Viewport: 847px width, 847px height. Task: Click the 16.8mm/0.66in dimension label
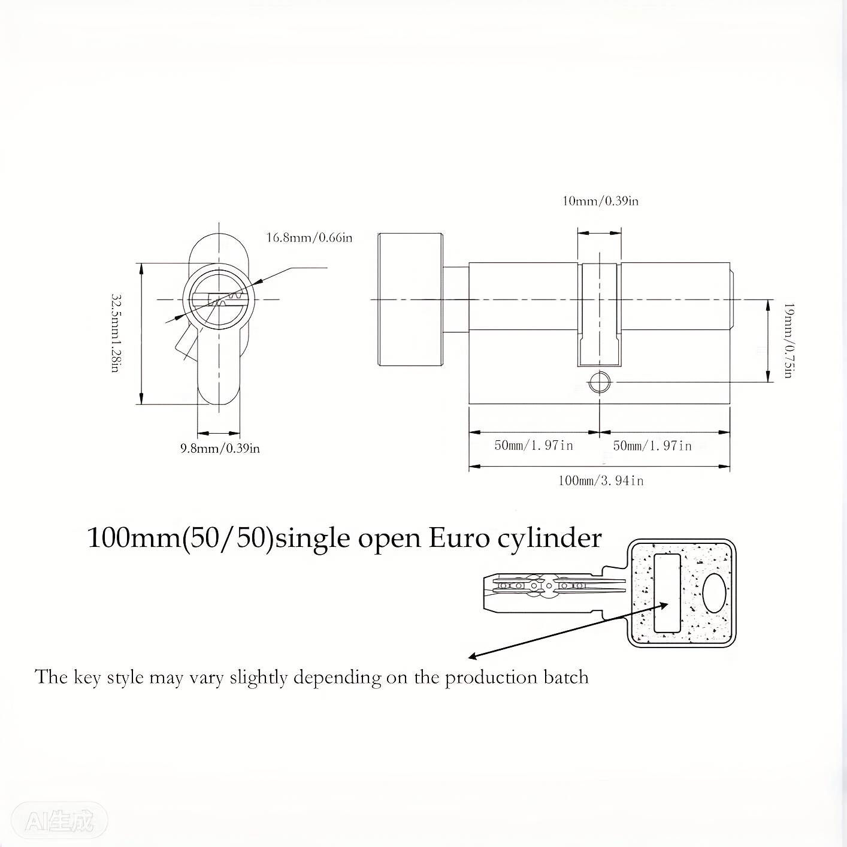point(309,238)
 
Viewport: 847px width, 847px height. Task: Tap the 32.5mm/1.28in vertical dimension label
point(116,333)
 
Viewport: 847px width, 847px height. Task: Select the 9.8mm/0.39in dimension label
point(220,448)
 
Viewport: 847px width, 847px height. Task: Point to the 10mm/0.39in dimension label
point(600,201)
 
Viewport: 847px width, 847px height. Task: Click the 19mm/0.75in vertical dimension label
point(789,340)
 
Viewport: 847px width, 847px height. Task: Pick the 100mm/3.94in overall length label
point(601,480)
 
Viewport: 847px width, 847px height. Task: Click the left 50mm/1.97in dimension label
point(534,445)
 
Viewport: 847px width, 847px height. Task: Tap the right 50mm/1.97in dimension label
point(652,446)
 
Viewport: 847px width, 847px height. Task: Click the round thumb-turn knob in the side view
point(410,300)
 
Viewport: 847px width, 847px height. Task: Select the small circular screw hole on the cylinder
point(599,382)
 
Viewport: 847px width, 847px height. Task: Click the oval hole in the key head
point(713,593)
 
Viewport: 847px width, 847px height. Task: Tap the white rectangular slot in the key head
point(668,593)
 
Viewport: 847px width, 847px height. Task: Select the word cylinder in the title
point(549,539)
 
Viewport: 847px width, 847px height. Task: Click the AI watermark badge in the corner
point(59,819)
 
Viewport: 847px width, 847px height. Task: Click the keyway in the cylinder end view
point(219,299)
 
